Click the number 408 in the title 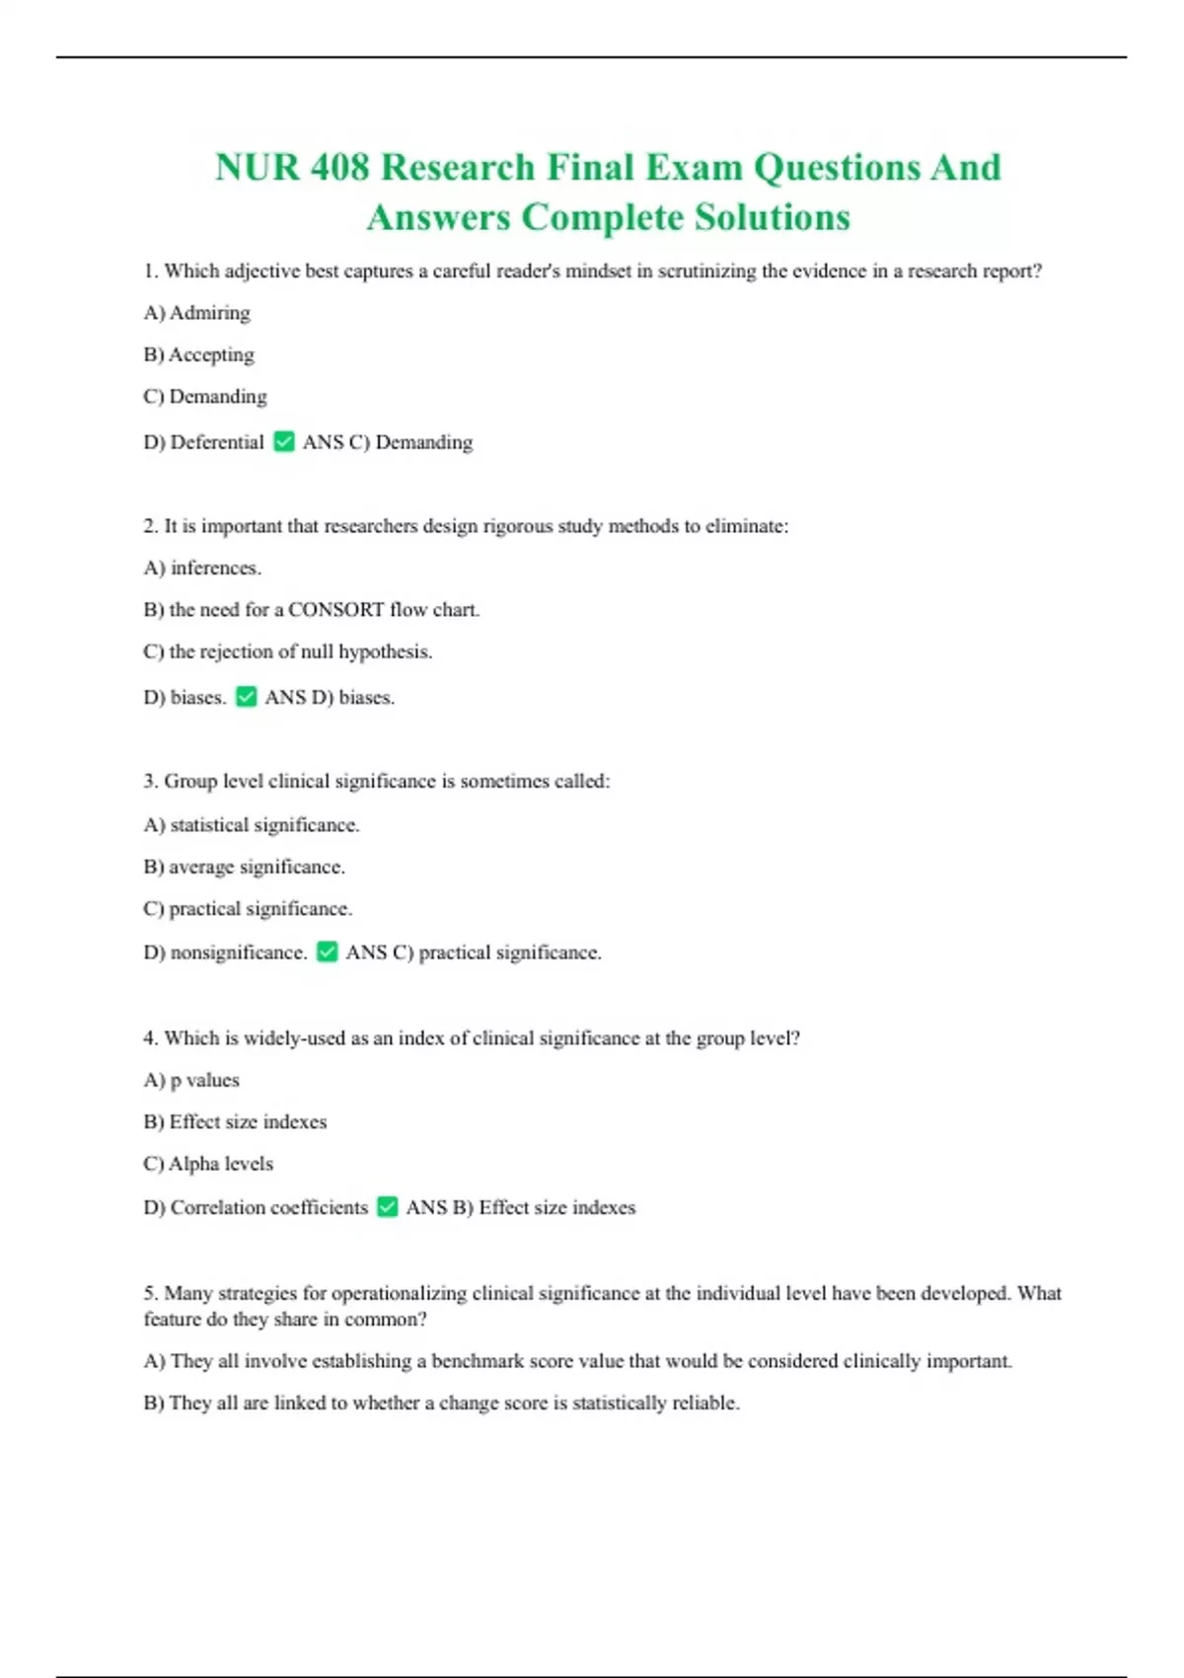point(339,168)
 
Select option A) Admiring point(196,313)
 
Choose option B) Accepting point(198,354)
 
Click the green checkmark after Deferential point(284,441)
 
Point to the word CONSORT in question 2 point(335,610)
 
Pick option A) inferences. point(202,568)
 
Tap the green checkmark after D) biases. point(247,697)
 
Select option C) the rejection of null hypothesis point(287,651)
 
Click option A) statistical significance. point(252,824)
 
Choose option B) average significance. point(244,867)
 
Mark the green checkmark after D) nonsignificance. point(328,952)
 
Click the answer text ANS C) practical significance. point(474,953)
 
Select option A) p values point(191,1080)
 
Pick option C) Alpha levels point(208,1164)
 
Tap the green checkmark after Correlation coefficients point(388,1206)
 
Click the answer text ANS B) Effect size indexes point(521,1207)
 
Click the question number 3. point(149,782)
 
